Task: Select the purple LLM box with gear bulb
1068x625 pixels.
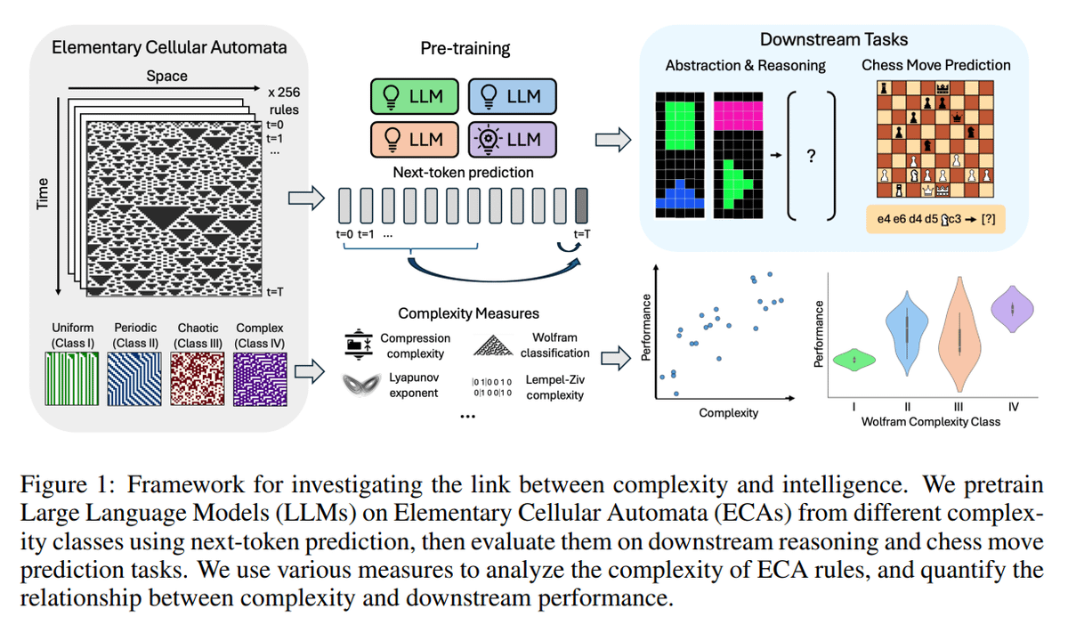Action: (512, 139)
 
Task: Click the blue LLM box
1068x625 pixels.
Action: (512, 97)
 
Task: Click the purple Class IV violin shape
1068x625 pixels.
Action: (1014, 309)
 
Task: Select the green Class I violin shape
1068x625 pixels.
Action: (854, 359)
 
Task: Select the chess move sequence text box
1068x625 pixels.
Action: (935, 219)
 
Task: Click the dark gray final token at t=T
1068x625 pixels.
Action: (582, 206)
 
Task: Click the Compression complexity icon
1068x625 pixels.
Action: (359, 344)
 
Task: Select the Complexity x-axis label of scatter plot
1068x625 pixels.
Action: (729, 412)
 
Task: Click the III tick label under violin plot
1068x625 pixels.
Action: (959, 407)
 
